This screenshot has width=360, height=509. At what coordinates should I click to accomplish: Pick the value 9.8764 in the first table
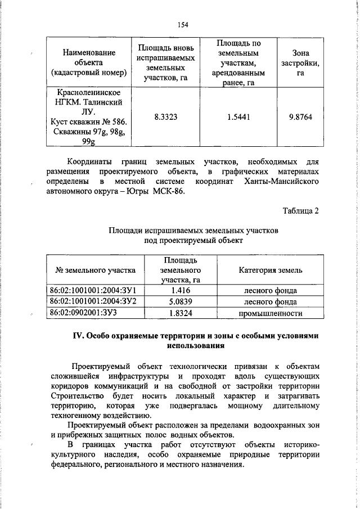click(x=300, y=117)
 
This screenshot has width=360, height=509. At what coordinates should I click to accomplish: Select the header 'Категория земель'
click(x=270, y=270)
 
